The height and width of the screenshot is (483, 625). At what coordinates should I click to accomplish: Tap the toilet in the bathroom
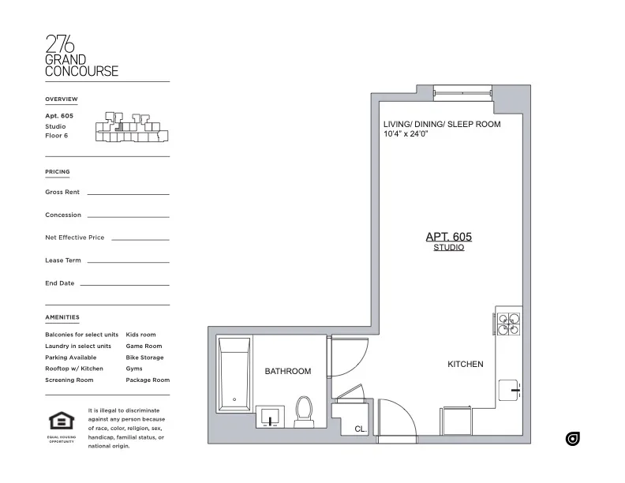pyautogui.click(x=304, y=408)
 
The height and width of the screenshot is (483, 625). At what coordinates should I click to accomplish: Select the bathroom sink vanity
pyautogui.click(x=271, y=416)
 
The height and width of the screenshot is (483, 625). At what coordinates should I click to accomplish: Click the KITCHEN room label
pyautogui.click(x=466, y=364)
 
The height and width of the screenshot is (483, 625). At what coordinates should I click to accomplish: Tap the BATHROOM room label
pyautogui.click(x=287, y=371)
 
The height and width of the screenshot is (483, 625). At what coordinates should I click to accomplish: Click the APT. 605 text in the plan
pyautogui.click(x=448, y=236)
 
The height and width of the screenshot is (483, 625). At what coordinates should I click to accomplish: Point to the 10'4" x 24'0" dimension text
pyautogui.click(x=410, y=135)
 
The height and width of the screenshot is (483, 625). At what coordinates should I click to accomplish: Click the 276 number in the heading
pyautogui.click(x=62, y=44)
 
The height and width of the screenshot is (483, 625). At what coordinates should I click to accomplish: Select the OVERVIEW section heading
pyautogui.click(x=62, y=99)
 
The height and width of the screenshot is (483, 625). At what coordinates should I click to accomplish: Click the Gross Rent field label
pyautogui.click(x=62, y=192)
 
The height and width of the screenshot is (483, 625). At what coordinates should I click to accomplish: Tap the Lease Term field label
pyautogui.click(x=64, y=260)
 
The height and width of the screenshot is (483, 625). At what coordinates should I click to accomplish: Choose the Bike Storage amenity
pyautogui.click(x=144, y=358)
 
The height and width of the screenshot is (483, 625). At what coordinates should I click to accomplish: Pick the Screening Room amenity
pyautogui.click(x=69, y=380)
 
